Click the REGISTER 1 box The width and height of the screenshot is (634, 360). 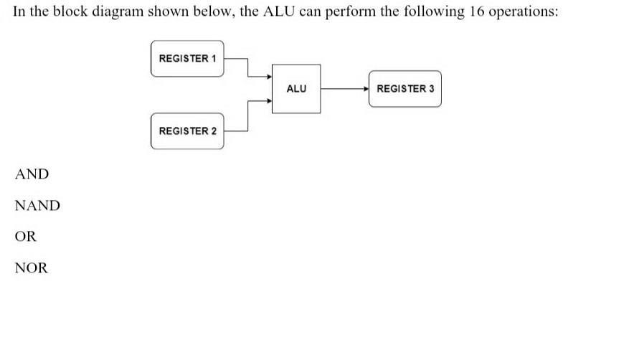[187, 58]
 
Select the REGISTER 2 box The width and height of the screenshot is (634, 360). [187, 131]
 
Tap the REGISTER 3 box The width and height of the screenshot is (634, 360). [405, 89]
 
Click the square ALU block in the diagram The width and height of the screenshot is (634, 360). [296, 89]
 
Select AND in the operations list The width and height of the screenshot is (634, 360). [32, 174]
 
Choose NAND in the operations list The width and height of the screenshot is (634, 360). [37, 206]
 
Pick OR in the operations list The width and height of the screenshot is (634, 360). [25, 237]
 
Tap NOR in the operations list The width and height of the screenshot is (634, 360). [32, 268]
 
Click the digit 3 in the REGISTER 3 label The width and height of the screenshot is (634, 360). [431, 89]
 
